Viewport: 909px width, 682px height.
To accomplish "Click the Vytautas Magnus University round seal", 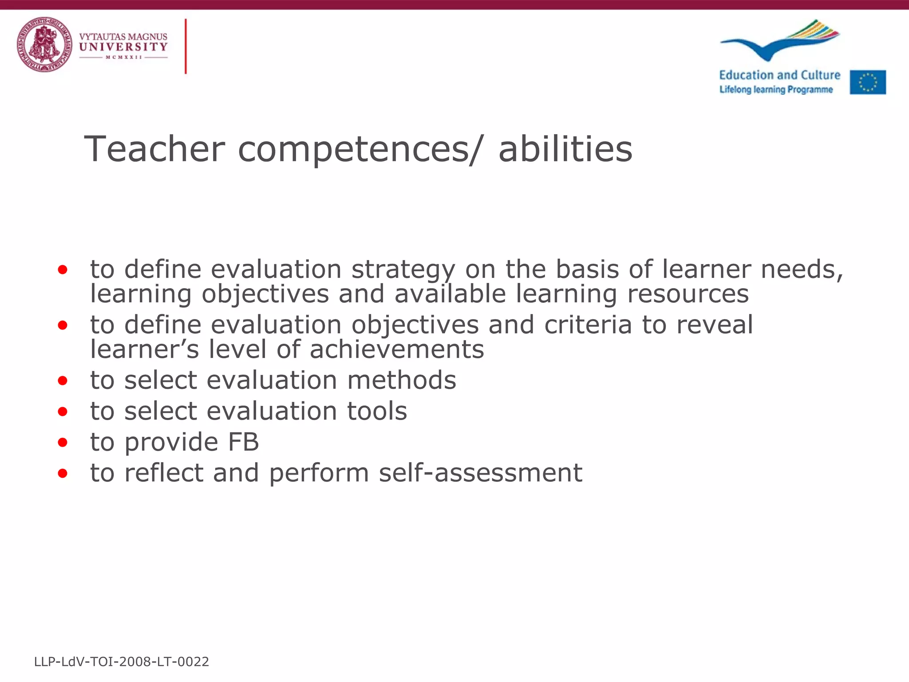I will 44,44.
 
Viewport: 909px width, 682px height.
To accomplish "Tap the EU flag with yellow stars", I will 868,82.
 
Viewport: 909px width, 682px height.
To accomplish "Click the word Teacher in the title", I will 154,149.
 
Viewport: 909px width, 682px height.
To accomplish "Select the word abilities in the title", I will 565,149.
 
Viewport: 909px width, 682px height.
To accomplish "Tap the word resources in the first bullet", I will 688,294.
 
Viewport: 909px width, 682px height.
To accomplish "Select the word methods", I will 401,380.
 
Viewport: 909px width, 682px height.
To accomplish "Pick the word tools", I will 376,411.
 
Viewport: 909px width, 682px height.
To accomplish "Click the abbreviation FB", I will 243,442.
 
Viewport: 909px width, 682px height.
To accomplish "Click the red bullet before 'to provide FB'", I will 63,443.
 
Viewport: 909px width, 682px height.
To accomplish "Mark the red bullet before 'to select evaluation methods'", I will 63,381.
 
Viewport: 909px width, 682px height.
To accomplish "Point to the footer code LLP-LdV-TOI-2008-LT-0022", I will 121,662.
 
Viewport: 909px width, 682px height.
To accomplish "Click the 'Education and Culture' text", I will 779,75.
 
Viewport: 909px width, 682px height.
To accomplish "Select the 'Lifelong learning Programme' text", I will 776,90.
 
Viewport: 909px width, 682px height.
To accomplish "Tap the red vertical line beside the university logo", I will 186,46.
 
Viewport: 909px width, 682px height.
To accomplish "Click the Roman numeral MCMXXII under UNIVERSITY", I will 123,57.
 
